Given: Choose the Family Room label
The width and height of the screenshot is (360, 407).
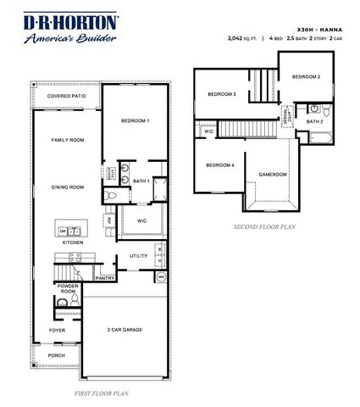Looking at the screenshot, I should (x=66, y=140).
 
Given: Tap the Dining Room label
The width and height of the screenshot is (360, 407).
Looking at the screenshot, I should (x=66, y=187).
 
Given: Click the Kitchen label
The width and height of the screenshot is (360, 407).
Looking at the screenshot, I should (x=72, y=243).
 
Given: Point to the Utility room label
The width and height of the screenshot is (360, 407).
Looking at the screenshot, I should (x=139, y=255).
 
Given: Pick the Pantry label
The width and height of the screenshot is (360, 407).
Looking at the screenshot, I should (x=105, y=278).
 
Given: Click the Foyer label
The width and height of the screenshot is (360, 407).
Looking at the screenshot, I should (x=58, y=330).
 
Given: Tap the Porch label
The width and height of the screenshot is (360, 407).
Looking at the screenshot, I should (x=57, y=355).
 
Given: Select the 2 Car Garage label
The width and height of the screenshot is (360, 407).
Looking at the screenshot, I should (x=125, y=329).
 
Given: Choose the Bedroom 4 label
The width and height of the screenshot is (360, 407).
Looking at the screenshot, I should (x=219, y=164).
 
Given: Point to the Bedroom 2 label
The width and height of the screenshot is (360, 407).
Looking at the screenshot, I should (x=306, y=77).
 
